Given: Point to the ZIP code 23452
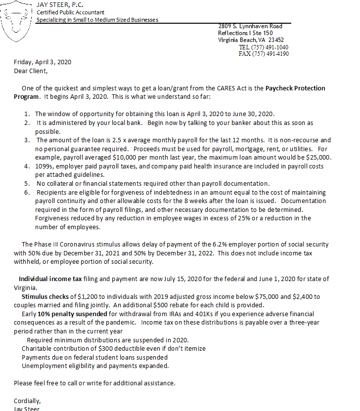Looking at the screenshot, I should pyautogui.click(x=276, y=40).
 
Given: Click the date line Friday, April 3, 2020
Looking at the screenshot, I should pyautogui.click(x=43, y=62).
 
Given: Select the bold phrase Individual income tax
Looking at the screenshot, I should pyautogui.click(x=50, y=279).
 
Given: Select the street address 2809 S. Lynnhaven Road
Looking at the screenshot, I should pyautogui.click(x=250, y=26).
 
